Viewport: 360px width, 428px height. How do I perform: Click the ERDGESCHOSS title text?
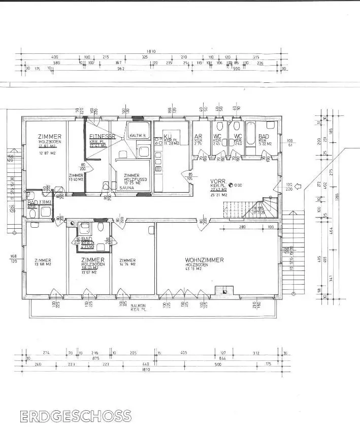76,416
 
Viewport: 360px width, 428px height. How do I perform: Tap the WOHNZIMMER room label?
204,260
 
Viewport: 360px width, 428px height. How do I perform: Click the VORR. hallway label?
218,181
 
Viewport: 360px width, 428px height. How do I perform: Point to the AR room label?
199,137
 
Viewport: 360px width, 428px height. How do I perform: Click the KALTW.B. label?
138,136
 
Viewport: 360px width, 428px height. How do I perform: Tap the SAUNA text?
127,188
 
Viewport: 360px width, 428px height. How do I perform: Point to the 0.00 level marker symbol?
231,186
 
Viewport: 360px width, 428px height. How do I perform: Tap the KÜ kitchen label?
167,136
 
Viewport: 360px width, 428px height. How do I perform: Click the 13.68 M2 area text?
42,264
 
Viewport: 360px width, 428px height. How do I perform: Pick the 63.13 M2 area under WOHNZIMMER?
193,268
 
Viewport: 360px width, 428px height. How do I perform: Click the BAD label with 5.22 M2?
264,137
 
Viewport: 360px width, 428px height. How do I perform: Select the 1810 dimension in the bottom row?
147,371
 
